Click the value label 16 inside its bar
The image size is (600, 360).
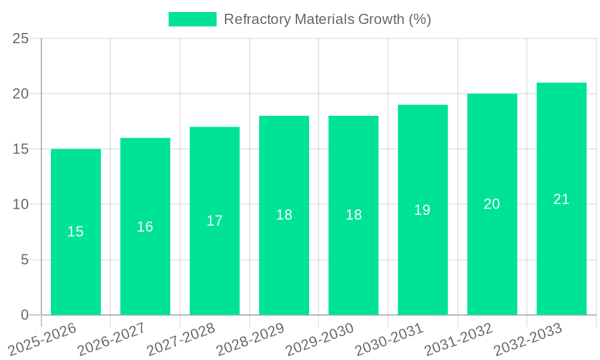145,227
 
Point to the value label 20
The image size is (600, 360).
492,204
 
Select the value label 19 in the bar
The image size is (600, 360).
422,210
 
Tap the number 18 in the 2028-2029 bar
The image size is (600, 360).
284,215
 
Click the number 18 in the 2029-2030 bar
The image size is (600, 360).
353,215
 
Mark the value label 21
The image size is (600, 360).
561,199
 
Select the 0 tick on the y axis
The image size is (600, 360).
25,315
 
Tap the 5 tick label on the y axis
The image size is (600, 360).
25,260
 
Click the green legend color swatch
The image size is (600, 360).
192,19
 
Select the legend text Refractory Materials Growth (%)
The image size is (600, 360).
327,19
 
